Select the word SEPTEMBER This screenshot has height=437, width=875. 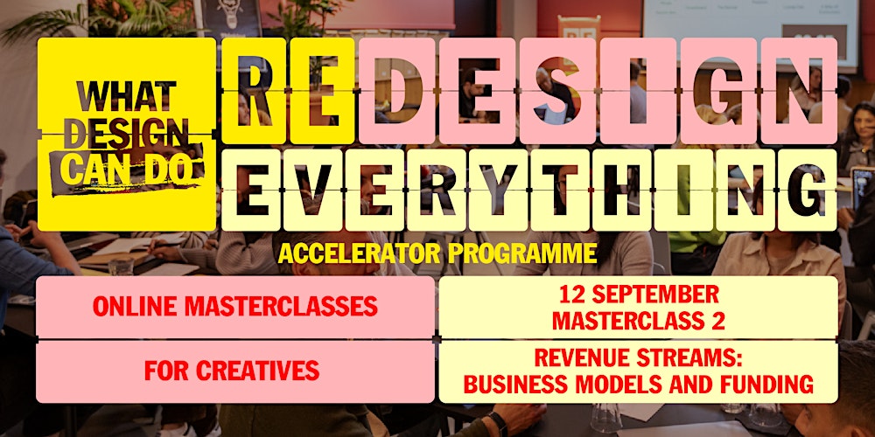651,295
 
